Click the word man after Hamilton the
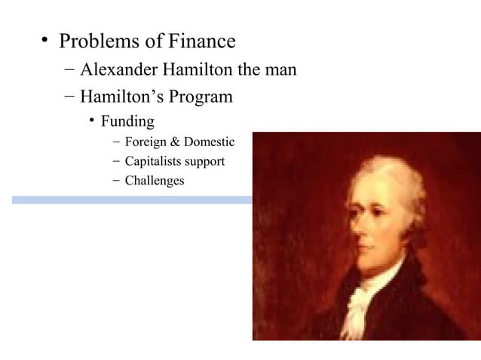[x=278, y=70]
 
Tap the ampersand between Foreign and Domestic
[x=178, y=142]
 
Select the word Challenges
[x=155, y=181]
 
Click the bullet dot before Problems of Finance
[x=46, y=41]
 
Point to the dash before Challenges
[x=114, y=181]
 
